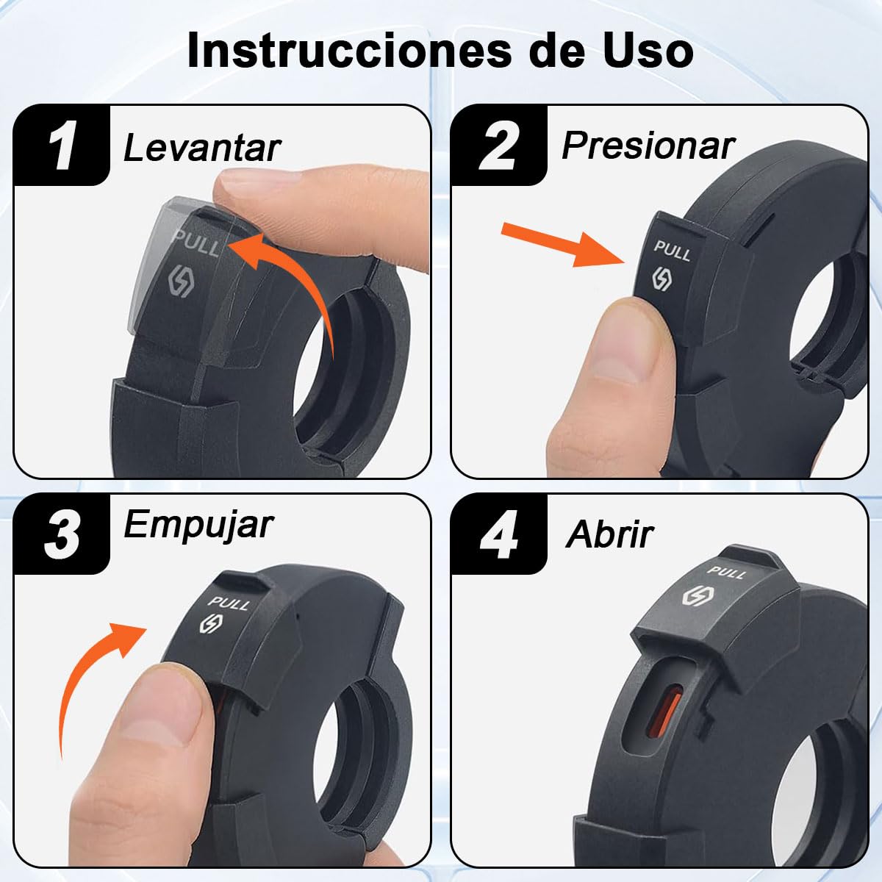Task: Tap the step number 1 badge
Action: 62,145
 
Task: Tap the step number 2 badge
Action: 499,145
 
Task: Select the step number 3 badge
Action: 62,534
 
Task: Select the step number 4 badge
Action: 499,534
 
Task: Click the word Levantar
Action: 202,148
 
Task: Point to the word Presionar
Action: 648,146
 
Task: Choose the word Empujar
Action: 198,526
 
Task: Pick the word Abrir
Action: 609,534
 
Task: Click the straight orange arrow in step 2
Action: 562,243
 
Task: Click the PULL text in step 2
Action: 672,251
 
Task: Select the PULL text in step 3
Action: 229,603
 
